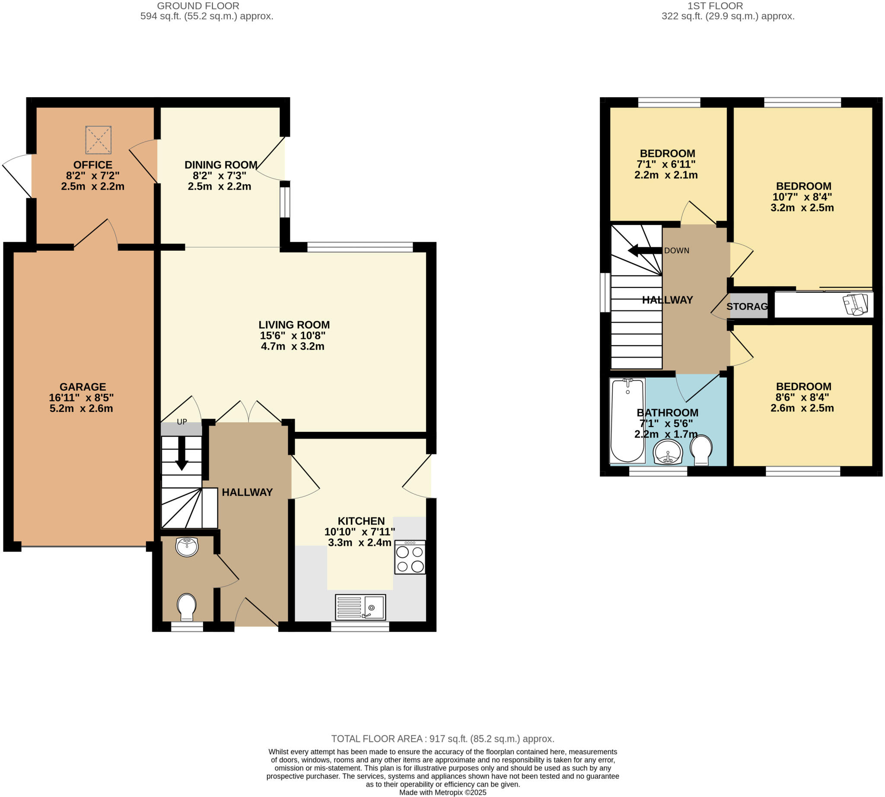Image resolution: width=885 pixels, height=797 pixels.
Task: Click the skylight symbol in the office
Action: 98,140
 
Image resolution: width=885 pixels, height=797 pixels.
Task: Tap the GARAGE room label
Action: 83,387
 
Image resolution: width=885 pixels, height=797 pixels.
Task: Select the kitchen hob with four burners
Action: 409,557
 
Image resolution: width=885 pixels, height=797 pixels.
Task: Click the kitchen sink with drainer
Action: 360,607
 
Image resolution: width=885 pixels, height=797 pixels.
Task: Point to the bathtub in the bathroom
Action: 627,421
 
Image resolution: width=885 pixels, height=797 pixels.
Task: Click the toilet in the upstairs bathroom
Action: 700,450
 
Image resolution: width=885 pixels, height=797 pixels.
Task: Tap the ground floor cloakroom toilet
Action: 187,606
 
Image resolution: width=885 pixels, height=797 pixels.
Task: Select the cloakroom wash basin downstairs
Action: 187,546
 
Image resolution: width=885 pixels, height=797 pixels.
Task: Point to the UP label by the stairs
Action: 182,422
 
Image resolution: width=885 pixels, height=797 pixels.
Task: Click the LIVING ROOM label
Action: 294,325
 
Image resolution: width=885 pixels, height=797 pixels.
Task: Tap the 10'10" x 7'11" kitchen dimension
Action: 360,532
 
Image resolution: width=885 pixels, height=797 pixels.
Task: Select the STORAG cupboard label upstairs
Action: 747,306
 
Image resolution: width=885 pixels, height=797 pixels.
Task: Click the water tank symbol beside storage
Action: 856,304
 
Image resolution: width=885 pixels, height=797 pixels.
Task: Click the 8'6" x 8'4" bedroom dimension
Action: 803,397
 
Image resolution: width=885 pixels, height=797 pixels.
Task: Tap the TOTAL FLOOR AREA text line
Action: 442,739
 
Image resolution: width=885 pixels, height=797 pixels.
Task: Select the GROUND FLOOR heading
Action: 198,6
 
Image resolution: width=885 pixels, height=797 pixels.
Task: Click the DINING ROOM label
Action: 221,165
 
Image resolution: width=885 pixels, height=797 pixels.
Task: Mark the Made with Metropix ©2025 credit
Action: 442,792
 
